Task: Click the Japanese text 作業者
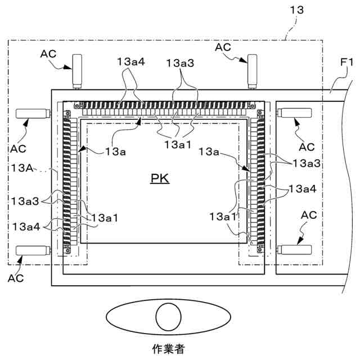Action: click(x=168, y=349)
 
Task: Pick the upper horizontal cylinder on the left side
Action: click(x=33, y=113)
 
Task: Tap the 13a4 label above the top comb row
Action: click(x=132, y=62)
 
